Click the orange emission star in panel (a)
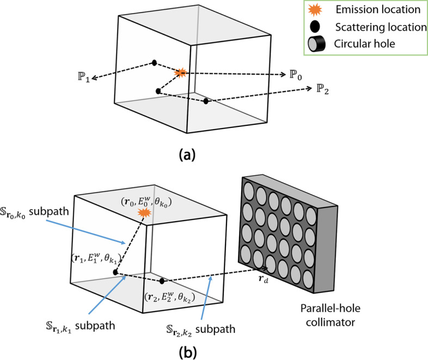(x=180, y=72)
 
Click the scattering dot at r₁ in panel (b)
(x=115, y=272)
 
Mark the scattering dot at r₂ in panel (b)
(x=162, y=281)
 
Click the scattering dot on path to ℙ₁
(x=155, y=62)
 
